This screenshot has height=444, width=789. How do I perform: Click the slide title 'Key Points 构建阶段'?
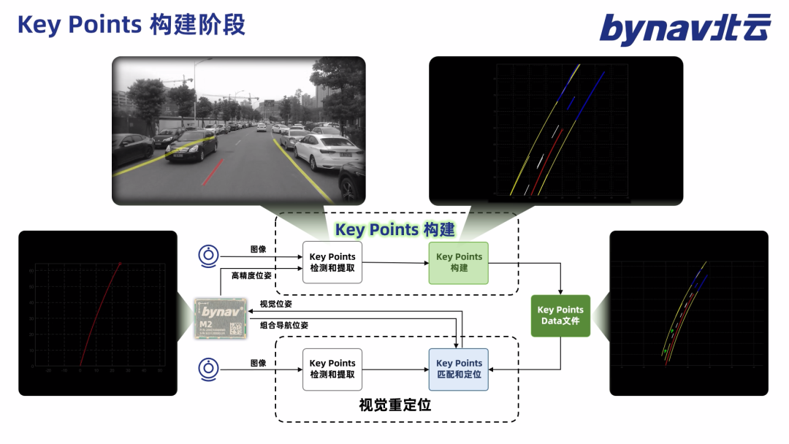click(x=131, y=25)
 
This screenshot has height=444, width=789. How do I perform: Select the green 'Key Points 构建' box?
click(x=458, y=263)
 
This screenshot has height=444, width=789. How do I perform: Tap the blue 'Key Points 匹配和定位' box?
click(x=458, y=369)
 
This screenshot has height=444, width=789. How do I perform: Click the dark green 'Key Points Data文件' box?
click(x=560, y=315)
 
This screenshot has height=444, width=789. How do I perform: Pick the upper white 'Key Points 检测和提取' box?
click(x=332, y=263)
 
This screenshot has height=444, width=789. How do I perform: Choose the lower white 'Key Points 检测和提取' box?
click(x=332, y=369)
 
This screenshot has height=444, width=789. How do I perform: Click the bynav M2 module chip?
click(x=221, y=317)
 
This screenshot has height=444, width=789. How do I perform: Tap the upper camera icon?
click(x=209, y=256)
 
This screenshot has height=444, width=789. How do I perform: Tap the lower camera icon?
click(x=209, y=370)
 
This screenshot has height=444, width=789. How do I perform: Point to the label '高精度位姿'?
click(x=251, y=276)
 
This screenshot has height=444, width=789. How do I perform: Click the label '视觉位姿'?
click(x=275, y=304)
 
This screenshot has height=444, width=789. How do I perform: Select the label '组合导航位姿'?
click(x=284, y=325)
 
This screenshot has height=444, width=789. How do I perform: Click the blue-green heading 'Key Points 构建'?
click(x=394, y=230)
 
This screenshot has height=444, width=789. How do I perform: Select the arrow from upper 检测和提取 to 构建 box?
click(x=394, y=263)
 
